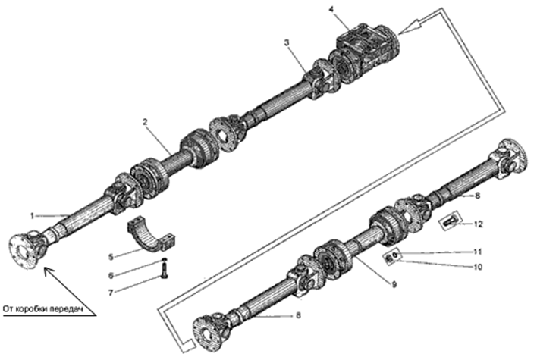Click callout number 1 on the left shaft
coord(32,216)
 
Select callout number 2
coord(145,122)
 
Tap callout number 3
coord(287,42)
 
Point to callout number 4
coord(331,8)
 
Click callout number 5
coord(111,257)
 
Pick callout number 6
coord(111,275)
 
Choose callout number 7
coord(111,293)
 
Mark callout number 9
coord(394,284)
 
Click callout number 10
coord(478,267)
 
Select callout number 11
coord(478,252)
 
